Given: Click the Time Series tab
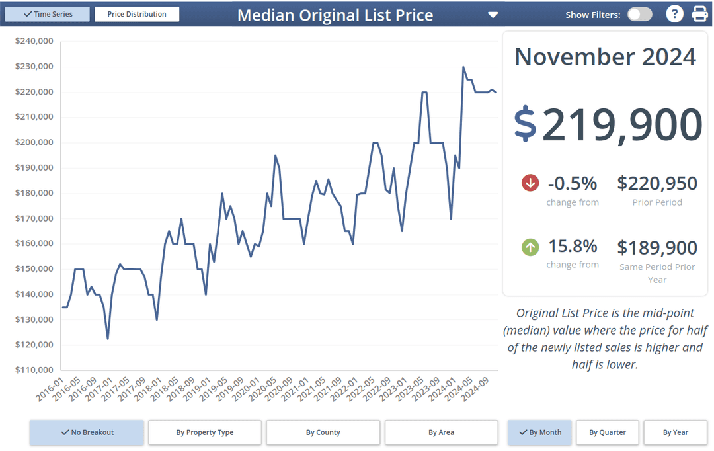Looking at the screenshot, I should pos(47,14).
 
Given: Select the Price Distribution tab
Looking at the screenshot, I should pos(137,14).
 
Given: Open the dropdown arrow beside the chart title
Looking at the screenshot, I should pos(493,15).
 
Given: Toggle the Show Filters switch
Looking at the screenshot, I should pos(639,15).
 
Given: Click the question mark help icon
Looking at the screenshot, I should pos(674,14).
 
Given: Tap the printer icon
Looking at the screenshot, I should pos(699,14).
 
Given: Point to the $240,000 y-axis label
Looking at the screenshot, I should pos(34,41).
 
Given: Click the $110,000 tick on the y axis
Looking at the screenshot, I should pos(34,370).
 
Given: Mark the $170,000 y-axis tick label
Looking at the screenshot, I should pos(34,218).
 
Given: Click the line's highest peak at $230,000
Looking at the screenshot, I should pos(463,67).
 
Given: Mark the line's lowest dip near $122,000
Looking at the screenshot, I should pos(108,339).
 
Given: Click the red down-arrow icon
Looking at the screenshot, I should pos(530,183).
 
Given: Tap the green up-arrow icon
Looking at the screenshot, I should pos(530,247).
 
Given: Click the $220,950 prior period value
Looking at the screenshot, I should pos(657,183).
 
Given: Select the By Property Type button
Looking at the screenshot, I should pos(205,432).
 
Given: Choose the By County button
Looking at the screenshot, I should pos(323,432).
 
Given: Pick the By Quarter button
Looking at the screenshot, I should pos(608,432).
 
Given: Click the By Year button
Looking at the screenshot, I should pos(676,432).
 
